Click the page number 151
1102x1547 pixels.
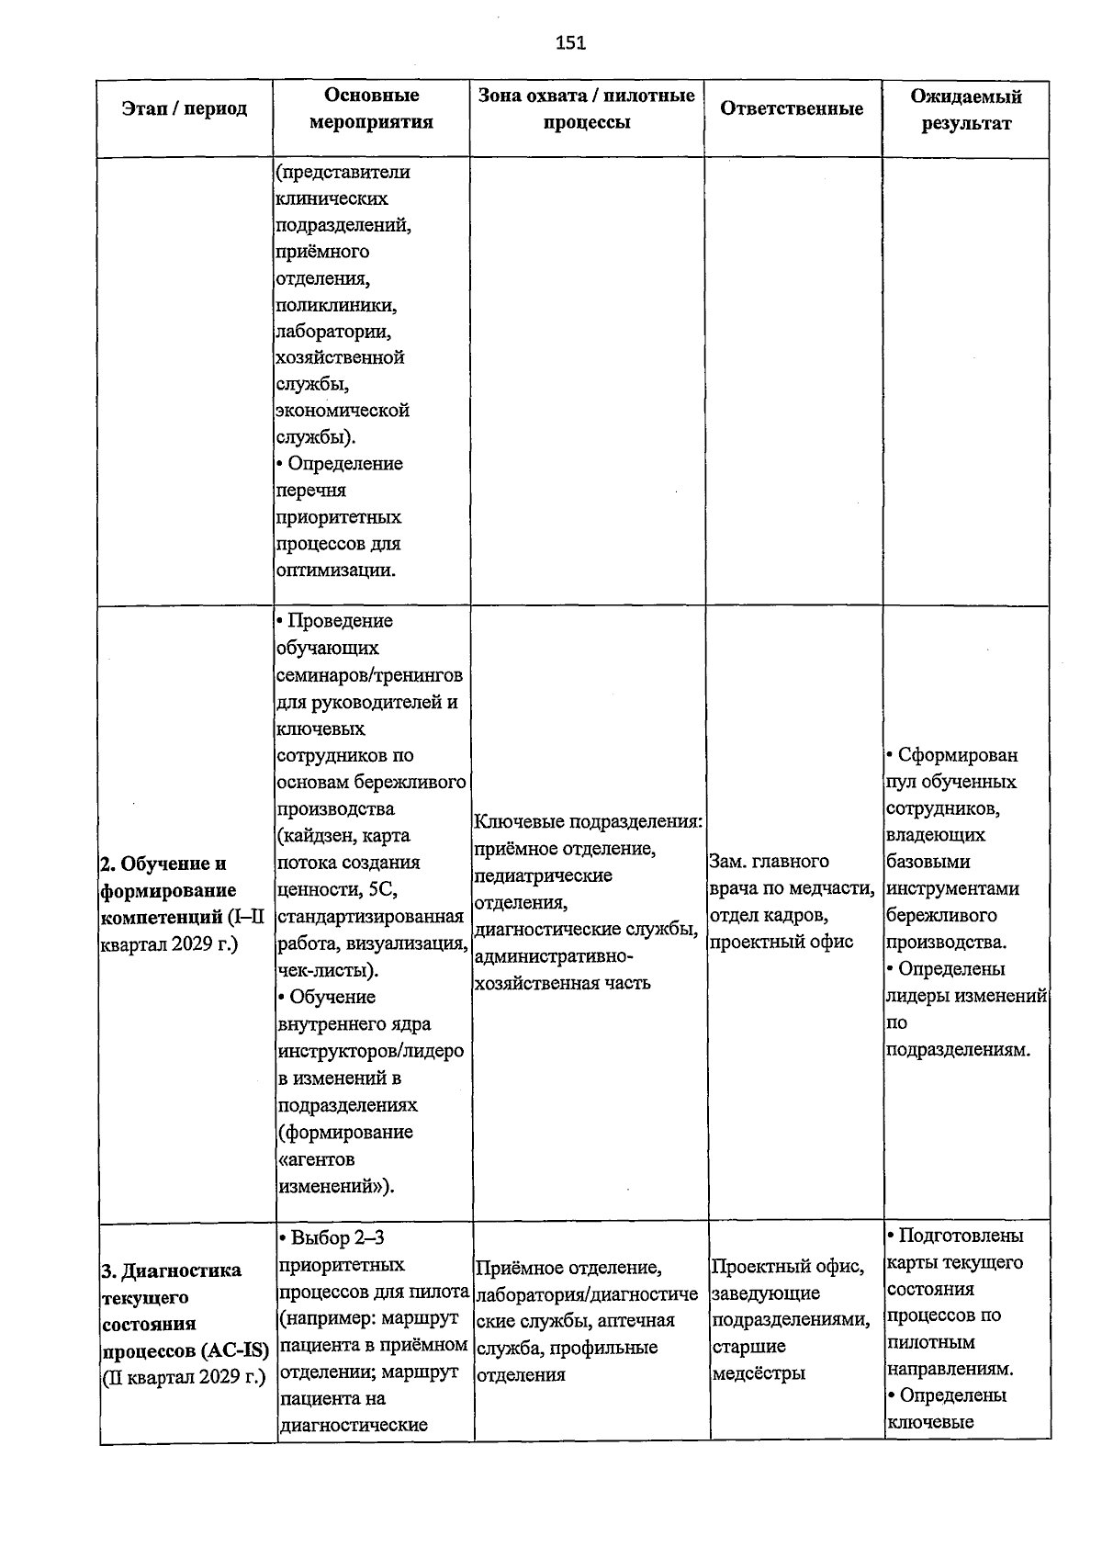570,42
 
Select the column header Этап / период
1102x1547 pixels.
185,109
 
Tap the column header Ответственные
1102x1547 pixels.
792,109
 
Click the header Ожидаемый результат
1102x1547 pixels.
966,109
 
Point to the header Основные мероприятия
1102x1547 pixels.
372,108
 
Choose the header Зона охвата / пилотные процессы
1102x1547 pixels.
587,108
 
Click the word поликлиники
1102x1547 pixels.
336,304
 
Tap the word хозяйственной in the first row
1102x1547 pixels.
340,357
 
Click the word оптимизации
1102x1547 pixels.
335,570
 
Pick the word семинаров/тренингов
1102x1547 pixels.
369,675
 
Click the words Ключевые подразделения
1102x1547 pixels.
588,822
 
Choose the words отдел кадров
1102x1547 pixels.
770,915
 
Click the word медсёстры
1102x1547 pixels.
759,1373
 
